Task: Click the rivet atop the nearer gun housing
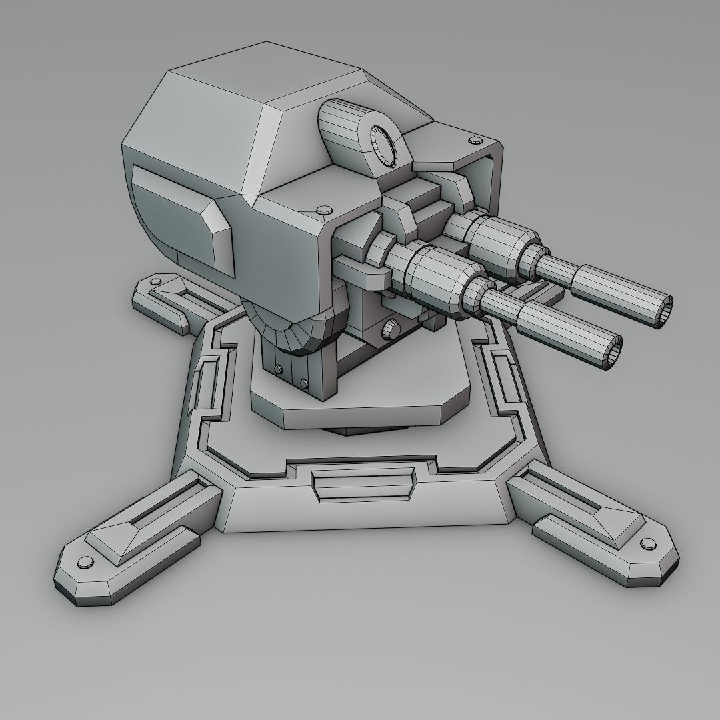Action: pos(323,210)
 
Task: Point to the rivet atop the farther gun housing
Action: pos(475,140)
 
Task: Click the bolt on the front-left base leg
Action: pos(85,562)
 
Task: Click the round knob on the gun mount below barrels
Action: pos(389,329)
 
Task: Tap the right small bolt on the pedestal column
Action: pos(304,383)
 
